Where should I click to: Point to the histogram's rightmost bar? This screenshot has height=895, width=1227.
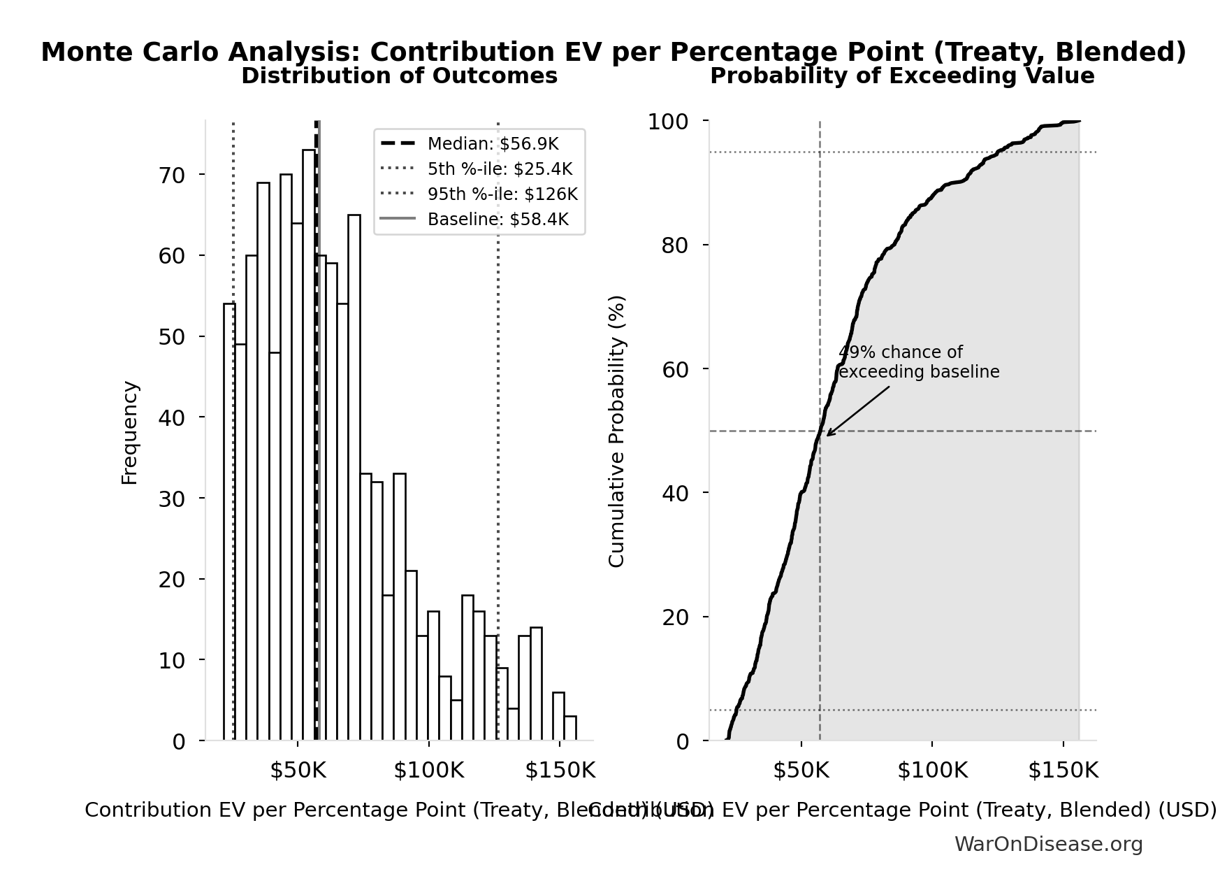point(570,729)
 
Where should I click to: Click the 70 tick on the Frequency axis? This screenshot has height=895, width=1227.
point(172,175)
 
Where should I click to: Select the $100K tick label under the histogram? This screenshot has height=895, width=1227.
point(428,771)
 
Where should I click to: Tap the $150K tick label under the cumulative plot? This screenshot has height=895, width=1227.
point(1063,771)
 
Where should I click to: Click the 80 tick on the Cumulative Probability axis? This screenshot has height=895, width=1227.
point(675,245)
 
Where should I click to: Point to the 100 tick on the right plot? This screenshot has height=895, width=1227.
point(668,122)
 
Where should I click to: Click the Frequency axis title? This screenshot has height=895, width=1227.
point(130,432)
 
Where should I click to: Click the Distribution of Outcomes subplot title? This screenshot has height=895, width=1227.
point(399,76)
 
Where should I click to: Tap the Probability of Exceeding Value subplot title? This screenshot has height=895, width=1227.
point(902,76)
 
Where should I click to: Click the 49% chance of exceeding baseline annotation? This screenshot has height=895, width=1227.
point(918,362)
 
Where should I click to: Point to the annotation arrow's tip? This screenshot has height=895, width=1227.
point(827,436)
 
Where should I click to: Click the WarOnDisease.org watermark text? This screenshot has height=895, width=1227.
point(1048,845)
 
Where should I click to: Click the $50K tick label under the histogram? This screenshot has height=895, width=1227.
point(298,771)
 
